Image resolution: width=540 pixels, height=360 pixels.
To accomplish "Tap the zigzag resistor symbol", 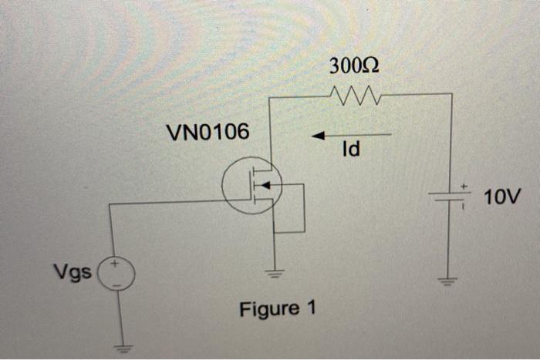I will point(355,95).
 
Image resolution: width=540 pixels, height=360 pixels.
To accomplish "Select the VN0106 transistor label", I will point(208,133).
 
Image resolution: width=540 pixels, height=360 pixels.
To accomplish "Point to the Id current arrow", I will point(351,136).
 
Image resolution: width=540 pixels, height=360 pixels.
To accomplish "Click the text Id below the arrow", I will point(350,150).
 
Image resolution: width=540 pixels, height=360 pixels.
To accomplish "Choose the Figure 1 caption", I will point(278,309).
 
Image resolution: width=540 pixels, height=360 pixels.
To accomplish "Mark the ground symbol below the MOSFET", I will point(274,271).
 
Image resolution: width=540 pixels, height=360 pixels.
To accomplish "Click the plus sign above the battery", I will point(464,186).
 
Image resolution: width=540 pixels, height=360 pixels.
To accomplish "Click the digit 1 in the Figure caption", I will point(311,309).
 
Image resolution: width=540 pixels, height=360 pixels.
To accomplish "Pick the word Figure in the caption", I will point(269,309).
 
